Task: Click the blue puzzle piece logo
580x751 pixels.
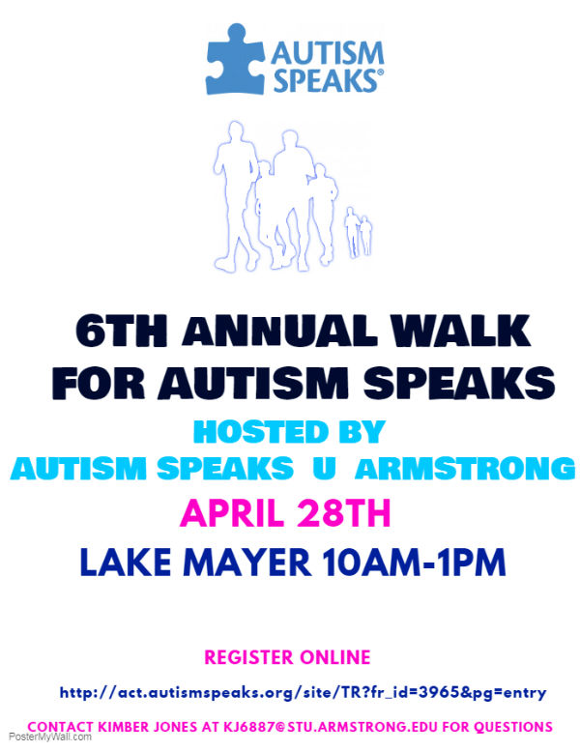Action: tap(235, 60)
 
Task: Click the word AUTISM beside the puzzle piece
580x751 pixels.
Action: tap(328, 53)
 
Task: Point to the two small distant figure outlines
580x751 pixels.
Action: tap(359, 232)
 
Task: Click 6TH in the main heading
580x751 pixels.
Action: tap(122, 331)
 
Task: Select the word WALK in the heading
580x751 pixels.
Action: tap(461, 331)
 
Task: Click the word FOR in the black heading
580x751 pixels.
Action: tap(99, 383)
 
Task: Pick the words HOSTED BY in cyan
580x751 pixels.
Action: tap(289, 431)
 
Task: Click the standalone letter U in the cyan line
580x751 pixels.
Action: tap(324, 468)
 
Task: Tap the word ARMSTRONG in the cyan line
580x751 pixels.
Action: tap(465, 469)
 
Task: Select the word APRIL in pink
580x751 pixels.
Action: tap(231, 513)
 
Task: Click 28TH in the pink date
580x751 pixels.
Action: tap(344, 513)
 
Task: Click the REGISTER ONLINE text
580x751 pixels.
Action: tap(287, 657)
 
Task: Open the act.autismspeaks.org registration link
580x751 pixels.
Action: tap(303, 693)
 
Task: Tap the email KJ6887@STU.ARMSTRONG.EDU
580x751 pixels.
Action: tap(331, 727)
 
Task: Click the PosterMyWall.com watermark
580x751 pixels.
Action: tap(50, 737)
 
